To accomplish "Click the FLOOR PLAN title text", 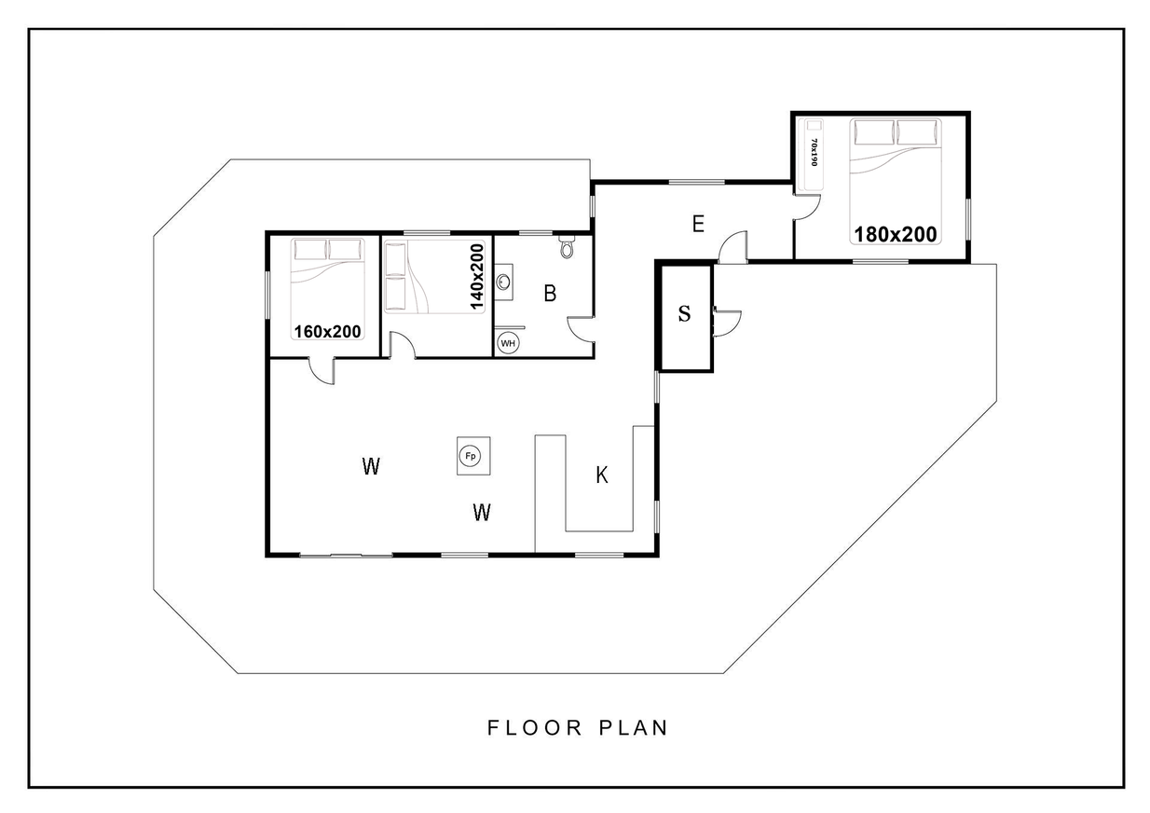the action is point(578,728).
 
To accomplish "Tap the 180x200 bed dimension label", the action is point(896,234).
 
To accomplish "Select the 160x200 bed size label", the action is point(327,332).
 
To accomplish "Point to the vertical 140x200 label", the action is point(477,277).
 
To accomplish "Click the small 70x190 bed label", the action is point(814,152).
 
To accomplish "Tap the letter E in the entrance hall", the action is point(698,225).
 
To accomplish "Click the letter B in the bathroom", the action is point(550,294).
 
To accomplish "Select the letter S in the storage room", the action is point(684,313).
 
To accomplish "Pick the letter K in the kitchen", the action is point(602,475).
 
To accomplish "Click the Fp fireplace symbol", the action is point(471,456).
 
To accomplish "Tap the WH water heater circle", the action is point(508,343).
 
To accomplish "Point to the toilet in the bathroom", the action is point(567,248).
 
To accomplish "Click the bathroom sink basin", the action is point(503,282).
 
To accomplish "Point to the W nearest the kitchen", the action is point(482,512).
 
